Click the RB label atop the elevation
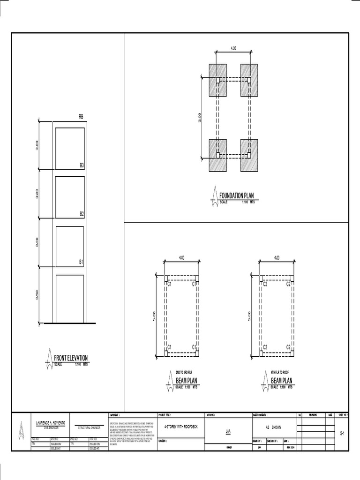pos(81,117)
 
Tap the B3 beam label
pos(82,165)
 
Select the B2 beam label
pos(82,214)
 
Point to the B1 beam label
pos(81,262)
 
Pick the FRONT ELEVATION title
pos(71,358)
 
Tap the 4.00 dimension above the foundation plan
pos(233,48)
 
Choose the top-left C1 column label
pos(170,284)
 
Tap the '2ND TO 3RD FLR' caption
pos(185,372)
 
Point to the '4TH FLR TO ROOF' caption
pos(280,372)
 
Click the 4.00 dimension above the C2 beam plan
pos(277,257)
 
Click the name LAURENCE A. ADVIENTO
pos(51,423)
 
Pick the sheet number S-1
pos(342,435)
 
